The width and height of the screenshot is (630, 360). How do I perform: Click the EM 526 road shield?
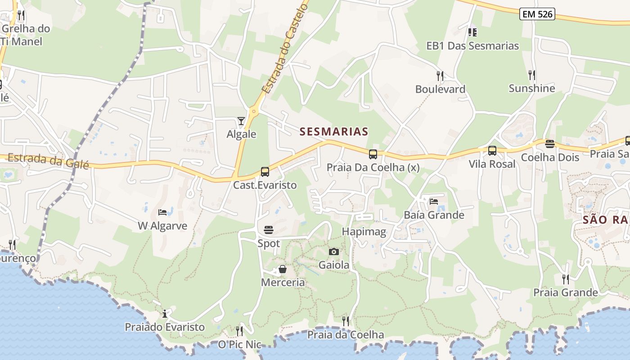point(537,14)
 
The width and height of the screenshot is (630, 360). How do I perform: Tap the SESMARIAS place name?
point(334,131)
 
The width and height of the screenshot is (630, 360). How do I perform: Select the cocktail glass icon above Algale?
point(241,121)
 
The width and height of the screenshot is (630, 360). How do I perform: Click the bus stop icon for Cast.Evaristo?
point(265,171)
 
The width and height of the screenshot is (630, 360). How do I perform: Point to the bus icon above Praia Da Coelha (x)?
point(373,154)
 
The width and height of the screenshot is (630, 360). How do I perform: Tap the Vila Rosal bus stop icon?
point(492,151)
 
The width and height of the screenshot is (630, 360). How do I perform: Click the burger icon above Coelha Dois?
point(550,144)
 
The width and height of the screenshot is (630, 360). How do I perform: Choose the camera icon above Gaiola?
point(333,252)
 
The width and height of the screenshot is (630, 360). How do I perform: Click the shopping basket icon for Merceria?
point(283,269)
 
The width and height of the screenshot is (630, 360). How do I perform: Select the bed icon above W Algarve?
point(162,212)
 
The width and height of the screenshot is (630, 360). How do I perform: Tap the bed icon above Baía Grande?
point(434,201)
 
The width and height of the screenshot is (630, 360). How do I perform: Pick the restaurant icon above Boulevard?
point(440,76)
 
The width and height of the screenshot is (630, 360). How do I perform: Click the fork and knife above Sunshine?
point(531,75)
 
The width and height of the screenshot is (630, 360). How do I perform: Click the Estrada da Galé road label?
point(48,160)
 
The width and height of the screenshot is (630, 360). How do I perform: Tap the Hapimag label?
point(364,232)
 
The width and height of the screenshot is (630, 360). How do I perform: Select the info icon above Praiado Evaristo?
point(165,313)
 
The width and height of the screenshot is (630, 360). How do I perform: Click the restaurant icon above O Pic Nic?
point(239,331)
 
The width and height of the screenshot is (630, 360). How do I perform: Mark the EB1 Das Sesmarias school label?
point(472,46)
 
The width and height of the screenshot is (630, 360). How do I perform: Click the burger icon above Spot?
point(269,230)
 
